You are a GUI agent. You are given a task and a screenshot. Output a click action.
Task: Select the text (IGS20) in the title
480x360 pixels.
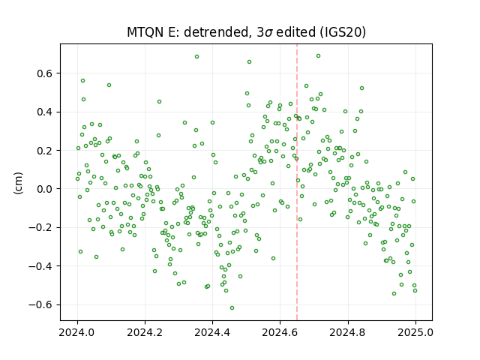click(343, 32)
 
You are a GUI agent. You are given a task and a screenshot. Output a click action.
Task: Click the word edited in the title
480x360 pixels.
click(295, 32)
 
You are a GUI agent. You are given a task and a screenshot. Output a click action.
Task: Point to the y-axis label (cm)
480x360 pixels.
click(18, 183)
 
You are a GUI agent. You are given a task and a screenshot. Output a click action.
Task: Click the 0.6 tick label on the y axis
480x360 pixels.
click(45, 73)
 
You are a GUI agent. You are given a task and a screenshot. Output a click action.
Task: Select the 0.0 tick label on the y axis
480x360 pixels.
click(45, 189)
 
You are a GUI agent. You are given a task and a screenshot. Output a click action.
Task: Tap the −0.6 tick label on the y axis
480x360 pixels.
click(41, 304)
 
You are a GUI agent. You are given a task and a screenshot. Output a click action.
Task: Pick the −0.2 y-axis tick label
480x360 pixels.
click(41, 227)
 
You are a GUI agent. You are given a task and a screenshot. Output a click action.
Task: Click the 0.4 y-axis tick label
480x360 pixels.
click(45, 112)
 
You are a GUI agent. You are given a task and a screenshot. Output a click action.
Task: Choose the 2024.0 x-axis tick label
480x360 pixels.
click(77, 332)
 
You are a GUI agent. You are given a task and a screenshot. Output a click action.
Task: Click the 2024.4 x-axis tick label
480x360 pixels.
click(212, 332)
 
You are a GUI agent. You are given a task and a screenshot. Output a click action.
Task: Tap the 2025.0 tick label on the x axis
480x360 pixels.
click(415, 332)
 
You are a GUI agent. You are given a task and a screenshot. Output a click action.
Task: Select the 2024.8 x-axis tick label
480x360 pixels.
click(348, 332)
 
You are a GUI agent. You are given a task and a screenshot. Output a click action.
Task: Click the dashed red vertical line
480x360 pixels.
click(297, 182)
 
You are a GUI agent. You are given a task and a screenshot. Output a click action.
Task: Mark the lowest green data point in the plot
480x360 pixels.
click(232, 307)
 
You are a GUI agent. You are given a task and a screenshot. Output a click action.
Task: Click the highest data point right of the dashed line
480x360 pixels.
click(318, 56)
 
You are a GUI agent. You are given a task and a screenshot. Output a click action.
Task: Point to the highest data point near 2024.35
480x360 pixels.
click(196, 57)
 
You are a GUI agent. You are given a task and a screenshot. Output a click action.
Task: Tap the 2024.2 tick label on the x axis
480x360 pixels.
click(145, 332)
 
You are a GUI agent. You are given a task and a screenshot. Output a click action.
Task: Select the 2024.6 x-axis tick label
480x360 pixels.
click(280, 332)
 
